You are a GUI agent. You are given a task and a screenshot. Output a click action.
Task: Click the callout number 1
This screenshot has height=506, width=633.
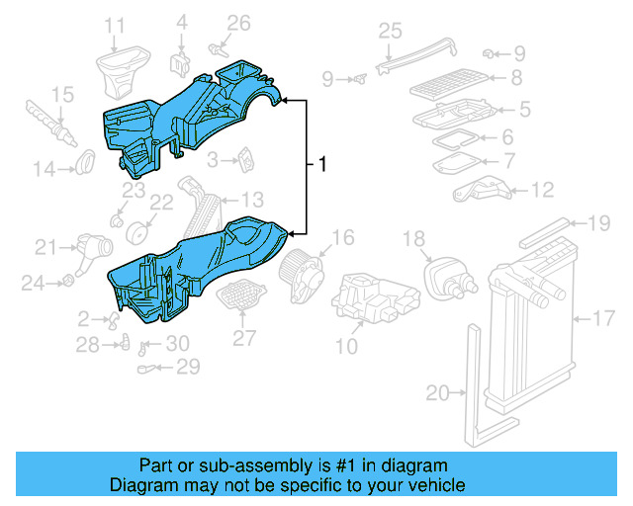pyautogui.click(x=321, y=165)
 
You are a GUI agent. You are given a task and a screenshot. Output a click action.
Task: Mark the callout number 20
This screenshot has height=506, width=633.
pyautogui.click(x=437, y=393)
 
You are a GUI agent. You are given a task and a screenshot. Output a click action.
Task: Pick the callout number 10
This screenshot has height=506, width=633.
pyautogui.click(x=346, y=346)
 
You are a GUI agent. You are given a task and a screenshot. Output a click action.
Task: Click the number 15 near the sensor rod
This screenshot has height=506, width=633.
pyautogui.click(x=62, y=95)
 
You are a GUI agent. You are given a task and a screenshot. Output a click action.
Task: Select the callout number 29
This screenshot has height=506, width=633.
pyautogui.click(x=187, y=367)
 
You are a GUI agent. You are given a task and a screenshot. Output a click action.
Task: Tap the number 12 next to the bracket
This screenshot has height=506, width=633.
pyautogui.click(x=542, y=190)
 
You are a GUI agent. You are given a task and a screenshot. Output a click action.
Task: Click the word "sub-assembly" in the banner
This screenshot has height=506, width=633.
pyautogui.click(x=279, y=465)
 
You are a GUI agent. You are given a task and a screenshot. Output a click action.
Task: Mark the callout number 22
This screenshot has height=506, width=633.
pyautogui.click(x=161, y=203)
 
